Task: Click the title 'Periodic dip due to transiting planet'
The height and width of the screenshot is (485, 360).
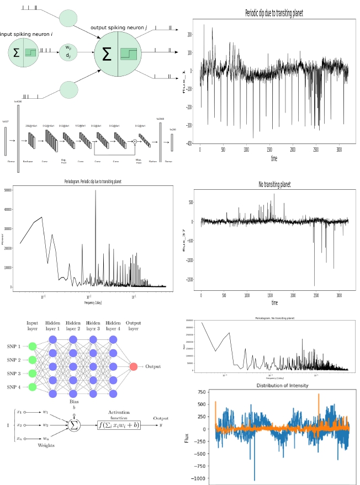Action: tap(274, 13)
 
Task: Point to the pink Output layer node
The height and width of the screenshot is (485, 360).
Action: tap(133, 367)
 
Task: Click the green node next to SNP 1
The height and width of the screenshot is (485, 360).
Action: tap(32, 347)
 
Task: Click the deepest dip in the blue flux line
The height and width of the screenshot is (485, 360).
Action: tap(255, 479)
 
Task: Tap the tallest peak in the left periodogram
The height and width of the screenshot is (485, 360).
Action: tap(95, 190)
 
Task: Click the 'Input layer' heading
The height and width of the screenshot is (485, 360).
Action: tap(32, 326)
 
